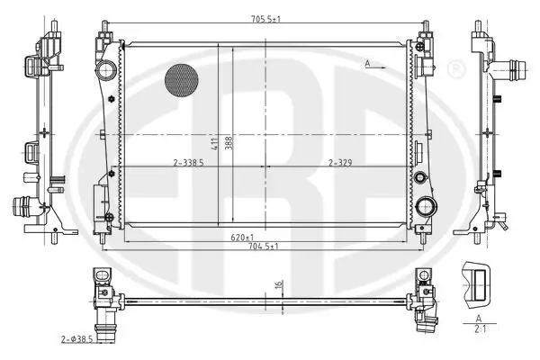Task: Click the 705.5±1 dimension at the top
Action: point(265,19)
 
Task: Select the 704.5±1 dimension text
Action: point(264,247)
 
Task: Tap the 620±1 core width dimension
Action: point(242,238)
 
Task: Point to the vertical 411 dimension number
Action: point(214,143)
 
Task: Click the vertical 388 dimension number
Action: point(229,143)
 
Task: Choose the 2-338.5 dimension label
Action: point(188,163)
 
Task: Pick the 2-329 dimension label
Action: point(340,163)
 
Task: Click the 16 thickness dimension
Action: point(279,284)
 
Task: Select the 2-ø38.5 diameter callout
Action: point(77,339)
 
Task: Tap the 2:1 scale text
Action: point(480,329)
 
